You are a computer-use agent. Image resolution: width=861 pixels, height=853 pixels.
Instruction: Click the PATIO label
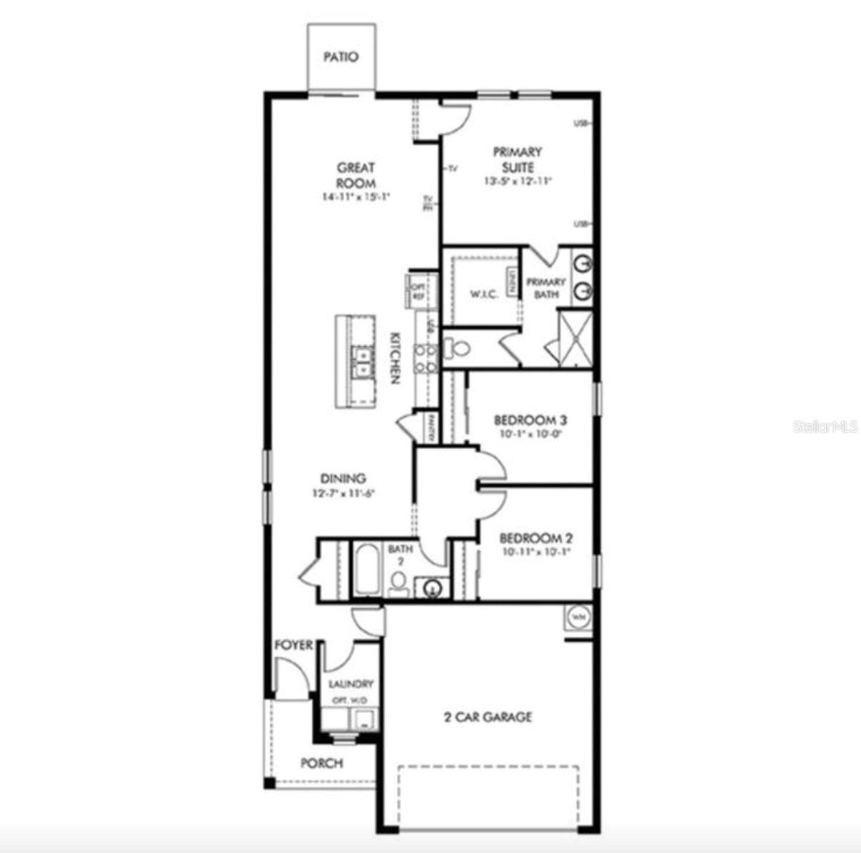coord(341,57)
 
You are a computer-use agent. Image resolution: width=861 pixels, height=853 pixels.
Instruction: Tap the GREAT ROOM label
coord(356,176)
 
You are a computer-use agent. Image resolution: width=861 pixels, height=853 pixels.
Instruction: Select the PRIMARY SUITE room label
coord(518,159)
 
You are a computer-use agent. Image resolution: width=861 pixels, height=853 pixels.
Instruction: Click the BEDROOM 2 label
coord(535,538)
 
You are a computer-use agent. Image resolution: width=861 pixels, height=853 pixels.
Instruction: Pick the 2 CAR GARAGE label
coord(488,717)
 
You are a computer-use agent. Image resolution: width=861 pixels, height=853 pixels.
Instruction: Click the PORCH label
coord(321,763)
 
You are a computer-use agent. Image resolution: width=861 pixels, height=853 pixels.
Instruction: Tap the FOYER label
coord(293,645)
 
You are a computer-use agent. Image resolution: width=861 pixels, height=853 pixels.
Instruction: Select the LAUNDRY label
coord(351,684)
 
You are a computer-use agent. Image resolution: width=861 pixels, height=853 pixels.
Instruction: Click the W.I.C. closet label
coord(483,295)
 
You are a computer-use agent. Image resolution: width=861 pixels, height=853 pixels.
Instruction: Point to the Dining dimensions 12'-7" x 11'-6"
coord(343,493)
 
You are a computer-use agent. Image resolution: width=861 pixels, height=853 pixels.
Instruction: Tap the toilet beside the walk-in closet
coord(459,349)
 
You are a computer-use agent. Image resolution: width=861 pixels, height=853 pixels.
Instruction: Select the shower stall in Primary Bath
coord(575,338)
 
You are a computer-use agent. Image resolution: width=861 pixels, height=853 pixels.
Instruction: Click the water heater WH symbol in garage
coord(578,616)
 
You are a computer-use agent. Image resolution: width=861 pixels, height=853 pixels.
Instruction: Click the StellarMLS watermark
coord(825,427)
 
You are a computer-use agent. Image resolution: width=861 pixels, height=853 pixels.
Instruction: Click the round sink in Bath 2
coord(432,588)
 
